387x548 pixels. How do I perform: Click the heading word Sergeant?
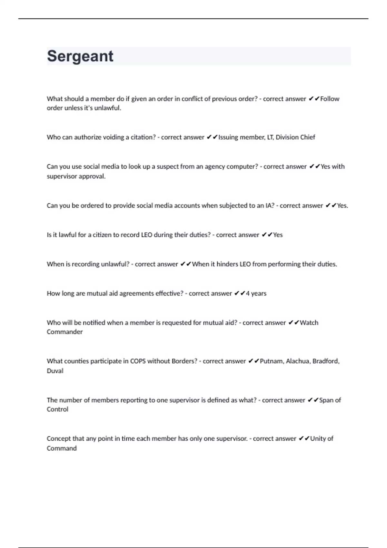(x=80, y=56)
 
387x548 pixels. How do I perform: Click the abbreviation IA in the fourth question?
(x=270, y=206)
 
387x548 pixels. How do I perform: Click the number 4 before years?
(x=248, y=294)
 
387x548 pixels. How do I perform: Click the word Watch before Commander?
(x=309, y=323)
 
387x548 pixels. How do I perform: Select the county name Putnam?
(x=272, y=361)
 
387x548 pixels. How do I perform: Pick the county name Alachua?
(x=298, y=361)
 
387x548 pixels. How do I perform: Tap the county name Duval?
(x=55, y=371)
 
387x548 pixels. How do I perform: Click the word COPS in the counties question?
(x=138, y=361)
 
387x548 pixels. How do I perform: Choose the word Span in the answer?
(x=326, y=400)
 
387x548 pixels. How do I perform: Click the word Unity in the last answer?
(x=318, y=439)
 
